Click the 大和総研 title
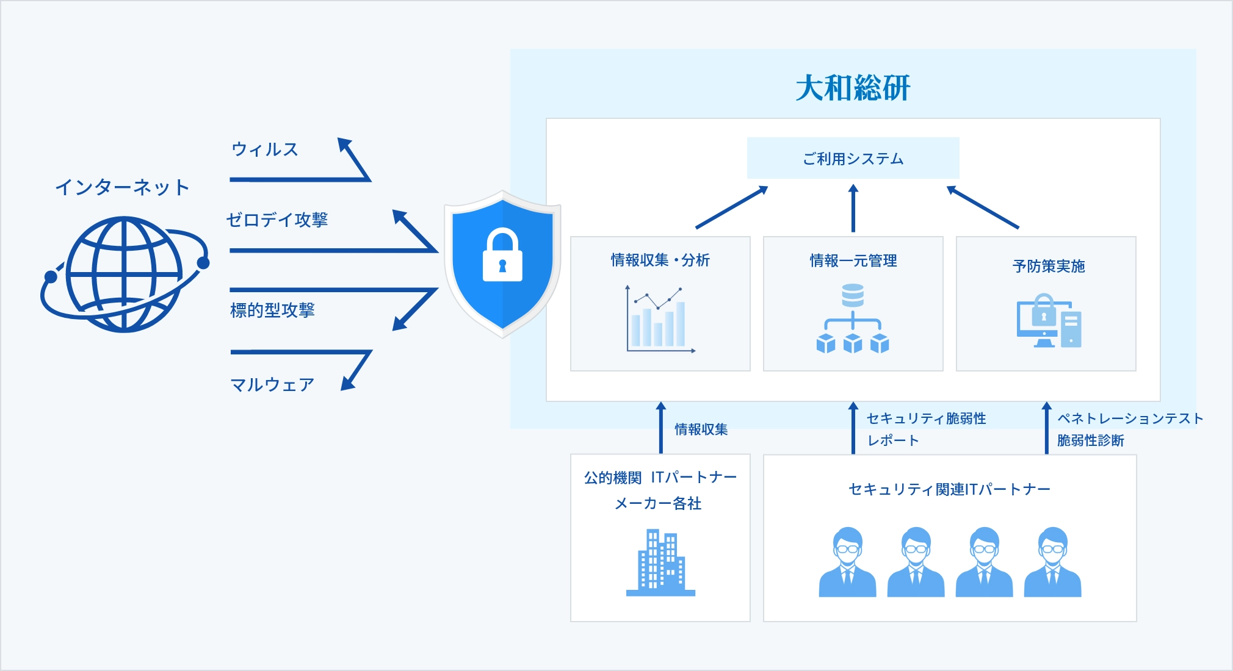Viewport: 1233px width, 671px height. pyautogui.click(x=853, y=88)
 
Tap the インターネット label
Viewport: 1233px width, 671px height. pyautogui.click(x=122, y=187)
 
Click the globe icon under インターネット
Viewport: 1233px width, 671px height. pyautogui.click(x=125, y=274)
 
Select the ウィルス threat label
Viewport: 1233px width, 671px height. pyautogui.click(x=264, y=149)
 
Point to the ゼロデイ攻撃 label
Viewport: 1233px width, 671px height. pyautogui.click(x=277, y=220)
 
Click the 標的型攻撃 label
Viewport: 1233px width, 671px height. pyautogui.click(x=272, y=310)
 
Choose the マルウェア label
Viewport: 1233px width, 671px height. pyautogui.click(x=272, y=384)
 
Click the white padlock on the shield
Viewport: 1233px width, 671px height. pyautogui.click(x=502, y=256)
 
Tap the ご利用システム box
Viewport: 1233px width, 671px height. pyautogui.click(x=853, y=159)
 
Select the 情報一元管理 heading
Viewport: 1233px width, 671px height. pyautogui.click(x=853, y=260)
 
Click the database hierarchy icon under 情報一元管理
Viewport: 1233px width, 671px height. pyautogui.click(x=853, y=318)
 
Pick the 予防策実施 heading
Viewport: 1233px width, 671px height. pyautogui.click(x=1048, y=266)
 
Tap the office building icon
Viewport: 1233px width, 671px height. pyautogui.click(x=660, y=562)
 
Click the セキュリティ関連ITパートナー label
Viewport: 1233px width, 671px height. pyautogui.click(x=949, y=489)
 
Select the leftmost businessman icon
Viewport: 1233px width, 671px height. pyautogui.click(x=847, y=562)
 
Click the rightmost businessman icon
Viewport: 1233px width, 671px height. pyautogui.click(x=1052, y=562)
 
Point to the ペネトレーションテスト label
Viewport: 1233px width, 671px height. pyautogui.click(x=1130, y=418)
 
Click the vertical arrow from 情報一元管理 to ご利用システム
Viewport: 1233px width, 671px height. pyautogui.click(x=853, y=209)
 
